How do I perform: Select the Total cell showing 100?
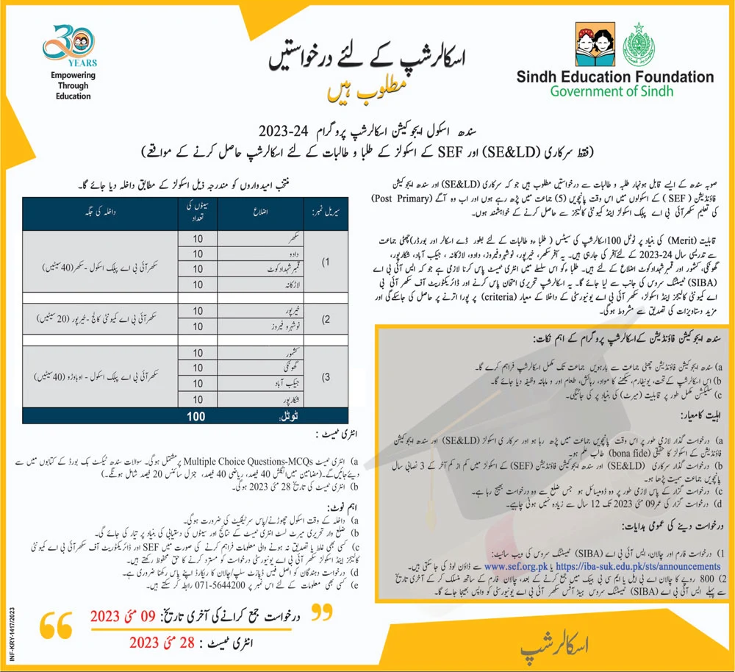(x=197, y=417)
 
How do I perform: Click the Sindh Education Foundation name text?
(x=614, y=76)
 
